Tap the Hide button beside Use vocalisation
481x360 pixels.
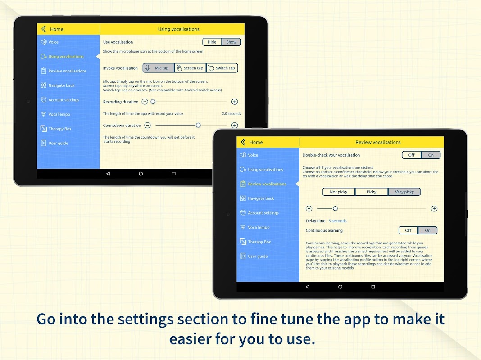point(212,42)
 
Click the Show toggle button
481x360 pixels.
point(231,42)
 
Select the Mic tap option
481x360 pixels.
point(158,68)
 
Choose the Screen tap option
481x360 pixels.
point(190,68)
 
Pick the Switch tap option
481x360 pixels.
point(222,68)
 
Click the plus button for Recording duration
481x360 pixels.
point(235,102)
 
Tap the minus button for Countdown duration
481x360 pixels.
point(148,125)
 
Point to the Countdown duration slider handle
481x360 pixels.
point(198,125)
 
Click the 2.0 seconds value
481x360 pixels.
point(231,114)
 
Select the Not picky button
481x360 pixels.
point(339,192)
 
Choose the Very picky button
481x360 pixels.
point(404,192)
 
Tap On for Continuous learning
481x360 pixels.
point(427,230)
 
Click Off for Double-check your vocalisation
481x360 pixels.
point(411,155)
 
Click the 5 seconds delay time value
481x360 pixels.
point(337,221)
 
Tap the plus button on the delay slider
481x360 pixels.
point(434,209)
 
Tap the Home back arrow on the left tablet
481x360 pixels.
point(44,29)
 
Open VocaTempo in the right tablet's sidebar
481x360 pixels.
point(259,227)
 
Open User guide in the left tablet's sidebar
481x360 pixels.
point(58,143)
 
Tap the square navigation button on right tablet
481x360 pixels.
point(373,287)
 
